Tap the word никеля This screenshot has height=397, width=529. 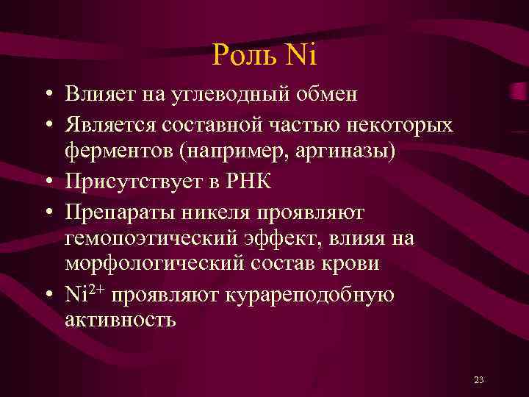(x=220, y=212)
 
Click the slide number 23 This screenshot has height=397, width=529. (x=478, y=380)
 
